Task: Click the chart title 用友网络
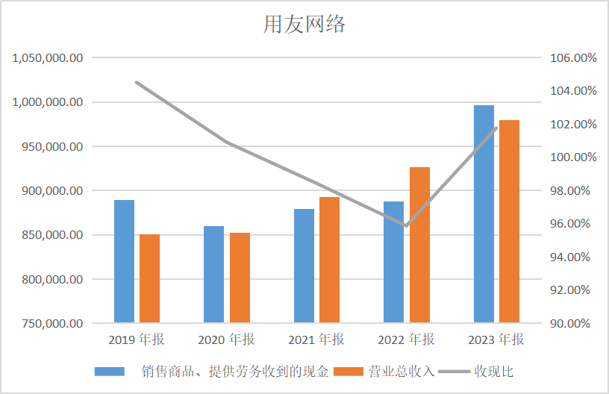304,25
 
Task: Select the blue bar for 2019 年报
124,261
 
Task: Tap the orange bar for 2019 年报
150,278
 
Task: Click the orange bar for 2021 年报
329,260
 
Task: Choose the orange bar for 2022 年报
419,245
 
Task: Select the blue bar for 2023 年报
484,214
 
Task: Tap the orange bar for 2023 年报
509,222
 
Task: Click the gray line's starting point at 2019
137,82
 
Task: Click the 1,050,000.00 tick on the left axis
47,57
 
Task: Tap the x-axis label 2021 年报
316,340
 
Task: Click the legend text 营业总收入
401,372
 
